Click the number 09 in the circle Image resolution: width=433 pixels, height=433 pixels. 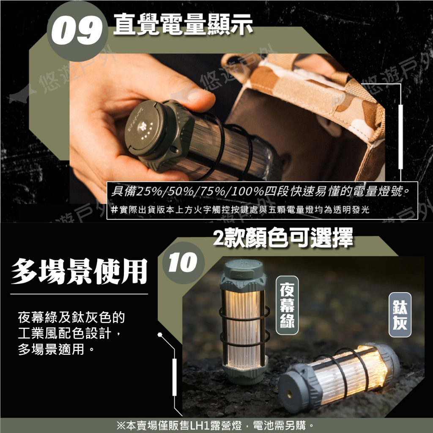77,31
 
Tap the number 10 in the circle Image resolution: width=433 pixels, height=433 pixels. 183,262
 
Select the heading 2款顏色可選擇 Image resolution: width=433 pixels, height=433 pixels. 283,237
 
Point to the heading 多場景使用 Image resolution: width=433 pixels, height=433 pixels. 79,271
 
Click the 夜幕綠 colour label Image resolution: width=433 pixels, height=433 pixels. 287,305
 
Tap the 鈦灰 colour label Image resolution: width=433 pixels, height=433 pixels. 400,315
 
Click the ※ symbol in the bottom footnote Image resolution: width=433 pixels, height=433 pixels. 121,425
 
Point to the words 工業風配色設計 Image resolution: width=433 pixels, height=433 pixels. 64,334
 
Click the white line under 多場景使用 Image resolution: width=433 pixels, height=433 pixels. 79,294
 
